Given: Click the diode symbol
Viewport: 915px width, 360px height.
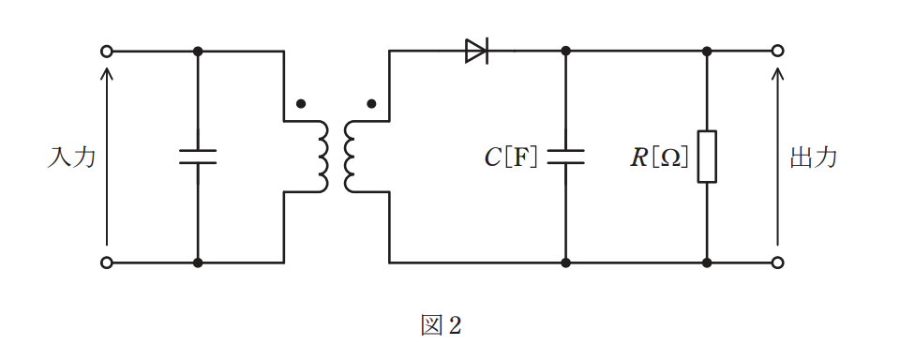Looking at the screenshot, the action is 476,52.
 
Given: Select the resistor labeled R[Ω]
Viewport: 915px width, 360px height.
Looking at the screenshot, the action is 707,157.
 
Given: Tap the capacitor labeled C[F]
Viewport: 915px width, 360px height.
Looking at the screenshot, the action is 565,157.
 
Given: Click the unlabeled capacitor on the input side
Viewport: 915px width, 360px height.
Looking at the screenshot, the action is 198,157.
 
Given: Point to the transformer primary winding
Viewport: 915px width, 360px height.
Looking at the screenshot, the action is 322,157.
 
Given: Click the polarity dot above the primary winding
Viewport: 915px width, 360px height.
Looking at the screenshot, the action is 301,104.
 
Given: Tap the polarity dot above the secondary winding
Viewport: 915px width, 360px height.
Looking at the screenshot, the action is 371,104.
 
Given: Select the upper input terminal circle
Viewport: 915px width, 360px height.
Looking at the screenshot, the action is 106,52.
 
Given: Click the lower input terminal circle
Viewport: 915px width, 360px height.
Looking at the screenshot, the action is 106,262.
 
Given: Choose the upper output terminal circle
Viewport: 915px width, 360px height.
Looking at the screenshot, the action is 777,52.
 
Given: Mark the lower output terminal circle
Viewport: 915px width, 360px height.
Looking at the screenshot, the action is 777,262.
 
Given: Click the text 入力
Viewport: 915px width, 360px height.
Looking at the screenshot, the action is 71,157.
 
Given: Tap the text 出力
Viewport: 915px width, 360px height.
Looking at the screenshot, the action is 814,157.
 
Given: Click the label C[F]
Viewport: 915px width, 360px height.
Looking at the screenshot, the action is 511,157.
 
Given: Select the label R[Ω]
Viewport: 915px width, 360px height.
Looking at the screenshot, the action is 659,157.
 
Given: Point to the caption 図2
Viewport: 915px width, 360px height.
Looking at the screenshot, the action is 442,325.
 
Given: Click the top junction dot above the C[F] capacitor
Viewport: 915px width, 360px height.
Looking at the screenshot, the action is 565,52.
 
